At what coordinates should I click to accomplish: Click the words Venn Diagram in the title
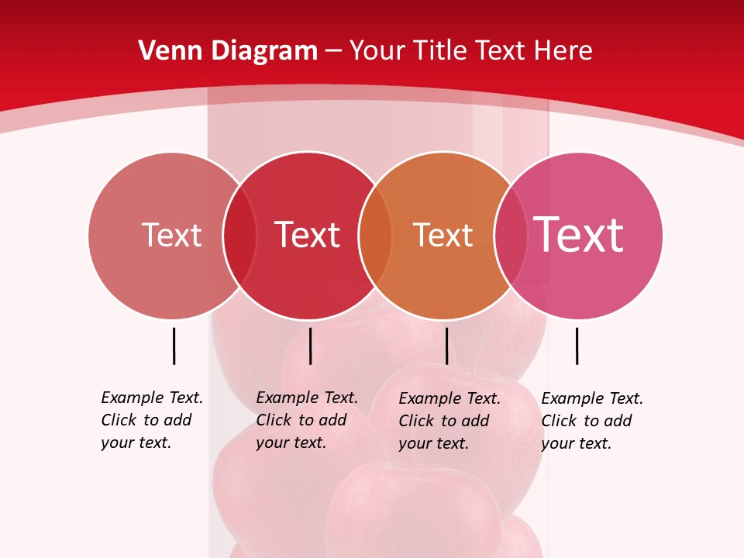[228, 51]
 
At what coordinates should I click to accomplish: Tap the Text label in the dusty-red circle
[171, 236]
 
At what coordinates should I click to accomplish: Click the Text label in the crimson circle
[308, 236]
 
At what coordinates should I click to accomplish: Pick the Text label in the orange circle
[443, 236]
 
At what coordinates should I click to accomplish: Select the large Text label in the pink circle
[579, 235]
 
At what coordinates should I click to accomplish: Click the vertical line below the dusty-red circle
[174, 346]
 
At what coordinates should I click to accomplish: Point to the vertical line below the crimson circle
[310, 346]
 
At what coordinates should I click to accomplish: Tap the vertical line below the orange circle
[446, 346]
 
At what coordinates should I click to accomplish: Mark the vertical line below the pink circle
[577, 346]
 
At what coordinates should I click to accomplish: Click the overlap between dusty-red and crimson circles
[239, 236]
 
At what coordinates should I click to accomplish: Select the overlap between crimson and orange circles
[375, 236]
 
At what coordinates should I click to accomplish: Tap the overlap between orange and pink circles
[510, 236]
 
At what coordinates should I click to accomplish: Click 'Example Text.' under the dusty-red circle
[152, 398]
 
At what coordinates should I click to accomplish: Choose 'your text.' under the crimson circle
[291, 443]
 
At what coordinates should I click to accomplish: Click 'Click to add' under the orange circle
[444, 421]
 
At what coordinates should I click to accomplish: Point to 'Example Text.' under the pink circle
[592, 399]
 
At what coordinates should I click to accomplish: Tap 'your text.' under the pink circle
[576, 444]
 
